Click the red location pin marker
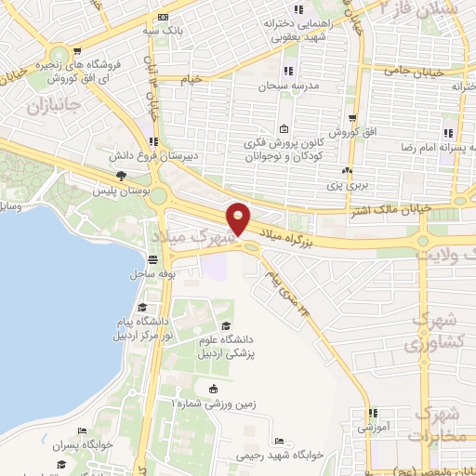click(x=239, y=218)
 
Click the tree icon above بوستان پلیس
click(x=120, y=175)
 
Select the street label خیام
click(x=192, y=80)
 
